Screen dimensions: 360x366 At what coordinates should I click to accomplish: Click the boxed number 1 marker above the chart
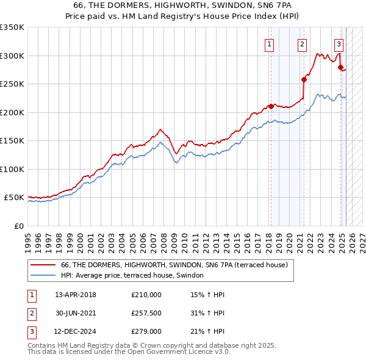click(x=269, y=43)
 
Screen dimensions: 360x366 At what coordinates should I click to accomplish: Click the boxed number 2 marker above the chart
click(x=302, y=43)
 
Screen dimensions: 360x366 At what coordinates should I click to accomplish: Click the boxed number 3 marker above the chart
click(x=339, y=43)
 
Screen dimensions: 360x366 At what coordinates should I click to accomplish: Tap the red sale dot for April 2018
click(x=270, y=107)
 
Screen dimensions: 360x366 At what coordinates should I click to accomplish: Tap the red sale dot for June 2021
click(x=304, y=79)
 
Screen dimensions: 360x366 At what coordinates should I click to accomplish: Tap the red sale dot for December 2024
click(x=340, y=67)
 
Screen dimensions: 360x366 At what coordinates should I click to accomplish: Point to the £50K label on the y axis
click(x=13, y=198)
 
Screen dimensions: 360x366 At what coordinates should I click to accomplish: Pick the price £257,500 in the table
click(x=146, y=314)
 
